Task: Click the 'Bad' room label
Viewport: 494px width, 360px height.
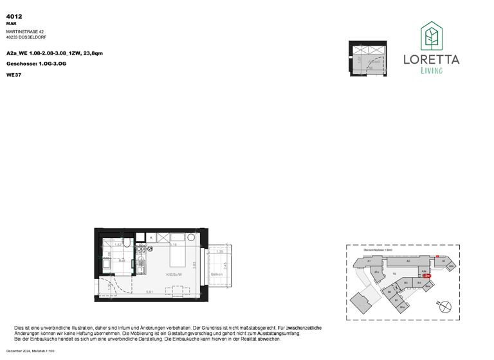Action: click(x=122, y=261)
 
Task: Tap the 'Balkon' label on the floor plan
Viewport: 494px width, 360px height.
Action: click(x=216, y=274)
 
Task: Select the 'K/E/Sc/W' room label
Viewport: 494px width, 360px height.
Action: click(x=174, y=274)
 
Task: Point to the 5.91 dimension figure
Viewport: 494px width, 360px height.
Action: click(x=149, y=292)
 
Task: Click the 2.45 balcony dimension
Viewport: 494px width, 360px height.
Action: click(x=226, y=265)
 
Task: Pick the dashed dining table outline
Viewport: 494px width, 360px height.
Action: click(x=177, y=291)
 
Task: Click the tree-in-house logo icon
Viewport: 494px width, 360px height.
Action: click(x=431, y=37)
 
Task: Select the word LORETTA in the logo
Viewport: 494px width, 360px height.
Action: click(x=431, y=60)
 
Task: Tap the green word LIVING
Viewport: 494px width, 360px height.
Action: click(x=431, y=71)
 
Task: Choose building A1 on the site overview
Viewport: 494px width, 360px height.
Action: click(x=369, y=262)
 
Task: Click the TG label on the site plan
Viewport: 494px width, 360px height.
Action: click(x=394, y=273)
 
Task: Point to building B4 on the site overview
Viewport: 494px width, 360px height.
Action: click(x=419, y=282)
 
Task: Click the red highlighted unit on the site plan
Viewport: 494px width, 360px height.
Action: click(x=428, y=276)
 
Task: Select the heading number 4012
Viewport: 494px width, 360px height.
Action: click(x=14, y=16)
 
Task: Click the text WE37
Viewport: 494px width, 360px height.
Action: click(x=14, y=75)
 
